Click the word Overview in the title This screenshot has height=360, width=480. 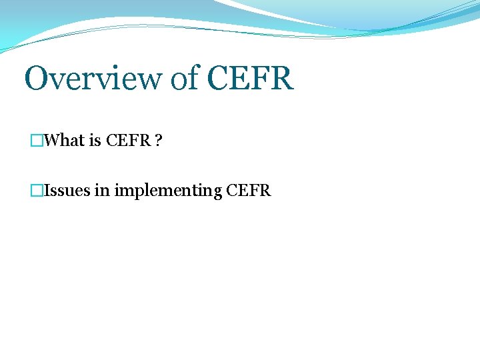[93, 79]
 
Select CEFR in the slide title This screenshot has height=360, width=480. [250, 79]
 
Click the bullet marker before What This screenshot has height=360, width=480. [37, 141]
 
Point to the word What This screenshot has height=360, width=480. [64, 141]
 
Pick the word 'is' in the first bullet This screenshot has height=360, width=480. [95, 141]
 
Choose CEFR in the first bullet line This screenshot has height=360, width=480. [128, 141]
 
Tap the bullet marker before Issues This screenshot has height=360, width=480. [37, 191]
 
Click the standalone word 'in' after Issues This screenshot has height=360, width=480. [102, 191]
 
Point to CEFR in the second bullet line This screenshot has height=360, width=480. [249, 191]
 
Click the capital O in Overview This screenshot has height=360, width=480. [36, 79]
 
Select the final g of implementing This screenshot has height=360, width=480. [217, 193]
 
